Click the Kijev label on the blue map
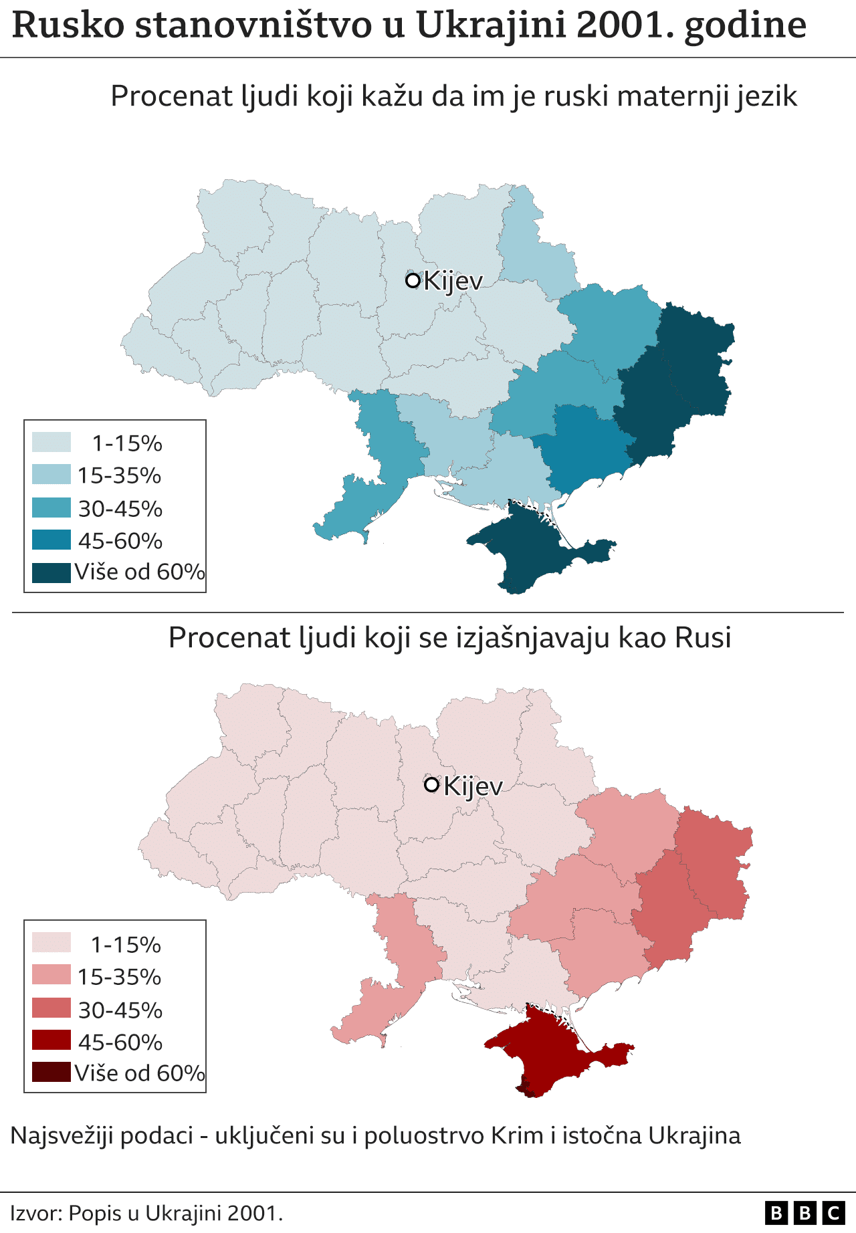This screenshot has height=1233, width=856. [453, 281]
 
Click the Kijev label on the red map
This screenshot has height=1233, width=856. [472, 786]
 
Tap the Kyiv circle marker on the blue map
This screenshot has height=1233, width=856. [413, 280]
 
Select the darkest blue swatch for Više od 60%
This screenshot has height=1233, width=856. [51, 573]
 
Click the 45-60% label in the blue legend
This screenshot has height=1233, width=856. [120, 541]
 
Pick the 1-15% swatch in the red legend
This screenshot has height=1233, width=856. [51, 943]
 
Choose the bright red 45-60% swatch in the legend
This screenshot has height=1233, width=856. [51, 1040]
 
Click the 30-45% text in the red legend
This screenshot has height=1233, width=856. [120, 1010]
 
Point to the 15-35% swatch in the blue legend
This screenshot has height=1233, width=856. [51, 475]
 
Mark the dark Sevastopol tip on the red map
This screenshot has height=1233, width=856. [526, 1091]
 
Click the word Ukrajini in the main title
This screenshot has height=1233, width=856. [491, 25]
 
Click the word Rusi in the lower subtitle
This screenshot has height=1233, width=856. [703, 638]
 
